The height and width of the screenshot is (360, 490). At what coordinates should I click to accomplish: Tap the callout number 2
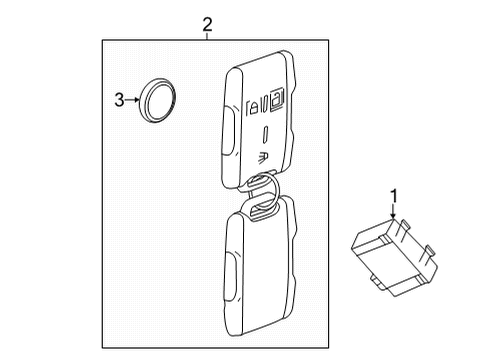(207, 24)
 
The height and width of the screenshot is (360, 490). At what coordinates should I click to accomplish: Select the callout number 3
(118, 99)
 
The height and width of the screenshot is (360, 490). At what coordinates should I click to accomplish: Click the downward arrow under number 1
(393, 212)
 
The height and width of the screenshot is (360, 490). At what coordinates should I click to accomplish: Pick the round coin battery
(157, 99)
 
